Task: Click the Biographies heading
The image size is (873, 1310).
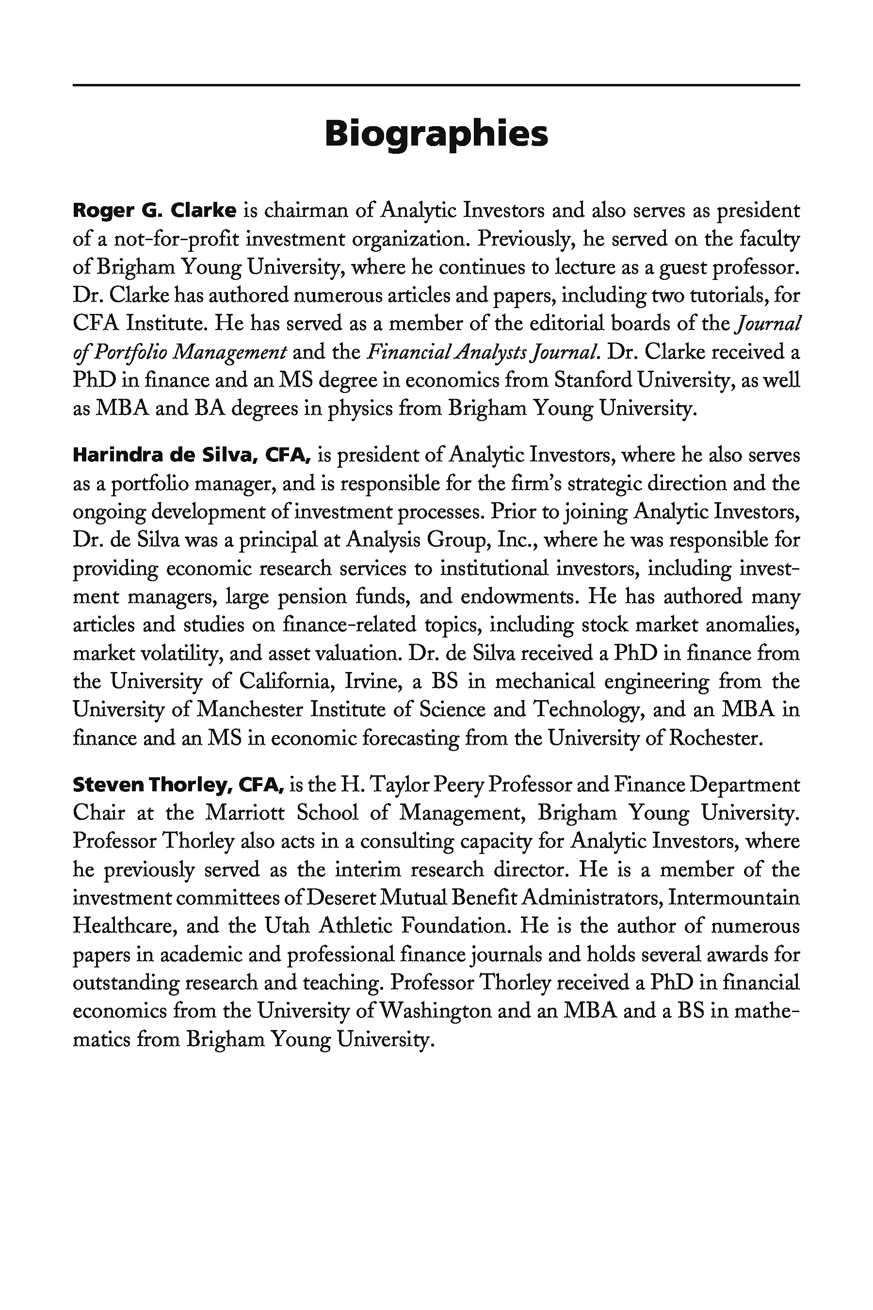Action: tap(436, 134)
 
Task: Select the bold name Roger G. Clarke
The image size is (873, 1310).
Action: tap(155, 211)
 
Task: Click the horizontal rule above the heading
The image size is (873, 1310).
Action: tap(436, 85)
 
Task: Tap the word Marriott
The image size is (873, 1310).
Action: tap(245, 813)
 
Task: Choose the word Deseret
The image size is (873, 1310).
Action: tap(342, 898)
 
